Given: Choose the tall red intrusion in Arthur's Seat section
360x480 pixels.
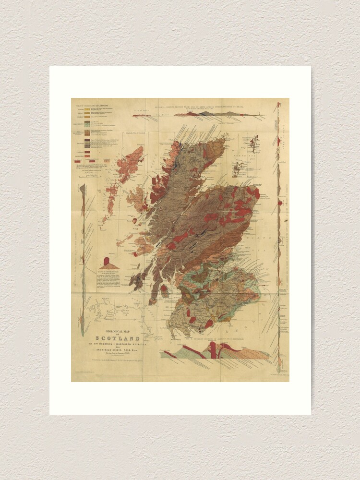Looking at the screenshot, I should pyautogui.click(x=213, y=351).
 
